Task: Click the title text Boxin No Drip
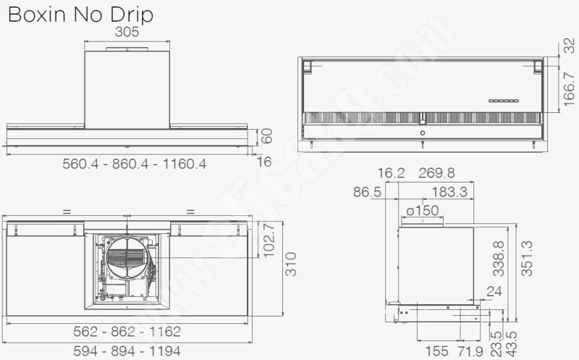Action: (80, 14)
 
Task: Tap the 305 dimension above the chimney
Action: (127, 32)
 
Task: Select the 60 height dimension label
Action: (266, 136)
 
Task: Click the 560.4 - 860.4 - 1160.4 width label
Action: (135, 164)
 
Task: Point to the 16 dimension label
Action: (264, 162)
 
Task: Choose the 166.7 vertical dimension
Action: (569, 89)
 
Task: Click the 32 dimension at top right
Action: (569, 46)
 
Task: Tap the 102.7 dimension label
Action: (269, 240)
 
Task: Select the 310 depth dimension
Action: (292, 264)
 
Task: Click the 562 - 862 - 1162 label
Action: (127, 332)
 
